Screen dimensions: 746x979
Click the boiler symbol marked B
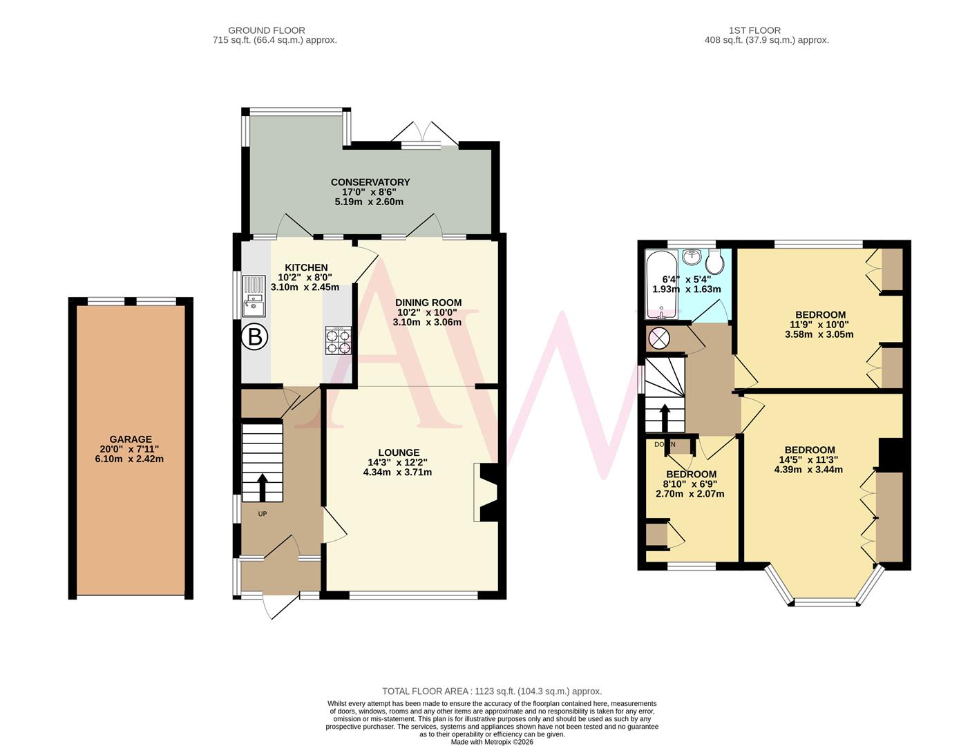coord(255,337)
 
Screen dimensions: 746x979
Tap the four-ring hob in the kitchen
coord(338,341)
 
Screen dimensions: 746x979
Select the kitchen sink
coord(253,294)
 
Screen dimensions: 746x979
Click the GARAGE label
coord(131,439)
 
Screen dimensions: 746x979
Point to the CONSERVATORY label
coord(370,182)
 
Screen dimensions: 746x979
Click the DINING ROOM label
coord(428,303)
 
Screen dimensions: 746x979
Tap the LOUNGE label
coord(398,453)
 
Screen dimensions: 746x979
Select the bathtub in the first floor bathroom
coord(662,285)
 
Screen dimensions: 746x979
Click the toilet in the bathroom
coord(714,260)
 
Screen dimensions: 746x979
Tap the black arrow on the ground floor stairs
coord(263,486)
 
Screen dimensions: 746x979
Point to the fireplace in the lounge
coord(486,492)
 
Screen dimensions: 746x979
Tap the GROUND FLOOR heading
coord(267,30)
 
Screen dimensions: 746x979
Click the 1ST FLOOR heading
coord(754,30)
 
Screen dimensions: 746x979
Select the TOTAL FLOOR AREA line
coord(492,691)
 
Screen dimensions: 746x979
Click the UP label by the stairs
coord(263,514)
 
